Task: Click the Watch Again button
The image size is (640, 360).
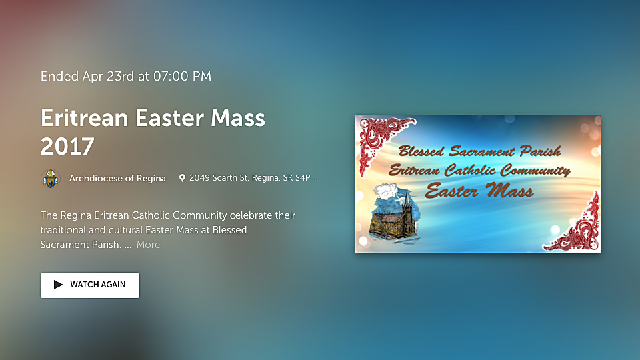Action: tap(90, 285)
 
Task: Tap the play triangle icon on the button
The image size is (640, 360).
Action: tap(59, 285)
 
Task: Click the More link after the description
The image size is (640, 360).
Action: tap(148, 245)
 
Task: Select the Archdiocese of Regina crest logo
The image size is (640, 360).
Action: tap(51, 179)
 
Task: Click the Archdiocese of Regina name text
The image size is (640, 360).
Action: tap(117, 179)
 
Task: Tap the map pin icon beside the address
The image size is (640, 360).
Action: tap(183, 178)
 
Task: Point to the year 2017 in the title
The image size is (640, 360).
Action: tap(67, 146)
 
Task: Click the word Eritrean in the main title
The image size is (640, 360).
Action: tap(85, 118)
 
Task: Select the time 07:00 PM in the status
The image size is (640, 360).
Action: tap(183, 76)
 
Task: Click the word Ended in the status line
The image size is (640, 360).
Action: tap(59, 76)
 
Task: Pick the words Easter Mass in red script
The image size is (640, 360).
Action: tap(479, 191)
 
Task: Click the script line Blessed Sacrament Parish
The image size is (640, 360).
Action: tap(479, 151)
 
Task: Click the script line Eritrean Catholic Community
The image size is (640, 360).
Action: tap(479, 170)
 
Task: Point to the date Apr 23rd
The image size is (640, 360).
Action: tap(108, 76)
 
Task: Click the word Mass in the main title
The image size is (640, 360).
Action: tap(238, 118)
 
